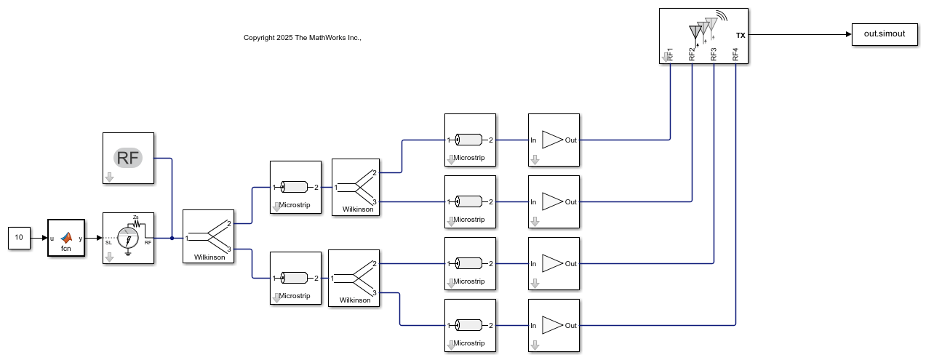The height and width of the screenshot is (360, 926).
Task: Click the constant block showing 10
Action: tap(19, 238)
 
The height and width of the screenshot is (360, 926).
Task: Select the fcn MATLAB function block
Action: tap(66, 238)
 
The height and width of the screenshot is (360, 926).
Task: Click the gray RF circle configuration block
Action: tap(128, 158)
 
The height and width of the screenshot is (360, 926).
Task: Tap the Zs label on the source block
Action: tap(136, 217)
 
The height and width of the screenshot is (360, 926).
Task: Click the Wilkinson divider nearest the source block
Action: tap(208, 236)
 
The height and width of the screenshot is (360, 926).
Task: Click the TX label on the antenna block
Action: tap(741, 35)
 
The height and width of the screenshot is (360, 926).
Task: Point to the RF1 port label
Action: tap(670, 53)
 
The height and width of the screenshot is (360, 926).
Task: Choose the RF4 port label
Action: tap(735, 53)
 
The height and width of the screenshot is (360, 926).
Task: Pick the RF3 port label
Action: tap(714, 53)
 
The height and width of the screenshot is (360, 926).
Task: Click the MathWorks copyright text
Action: tap(303, 37)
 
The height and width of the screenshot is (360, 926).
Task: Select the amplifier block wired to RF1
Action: tap(554, 140)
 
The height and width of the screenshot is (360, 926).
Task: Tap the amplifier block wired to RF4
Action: tap(554, 325)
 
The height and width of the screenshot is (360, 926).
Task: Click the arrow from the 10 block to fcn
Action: tap(39, 238)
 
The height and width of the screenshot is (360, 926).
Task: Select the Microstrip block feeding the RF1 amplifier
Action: tap(470, 140)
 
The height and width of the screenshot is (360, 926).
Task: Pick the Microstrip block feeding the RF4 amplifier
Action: tap(470, 325)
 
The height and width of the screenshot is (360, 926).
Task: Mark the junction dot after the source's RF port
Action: tap(172, 238)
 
